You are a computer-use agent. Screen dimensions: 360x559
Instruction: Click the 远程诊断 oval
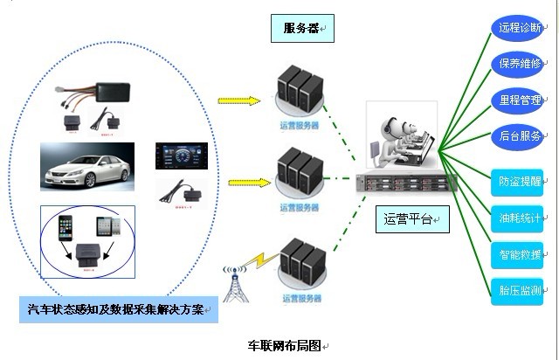[519, 28]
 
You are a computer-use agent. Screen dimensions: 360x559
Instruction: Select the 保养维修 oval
[519, 64]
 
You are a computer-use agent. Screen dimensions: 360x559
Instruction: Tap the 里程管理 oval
[519, 100]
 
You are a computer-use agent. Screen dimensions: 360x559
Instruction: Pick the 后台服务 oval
[519, 136]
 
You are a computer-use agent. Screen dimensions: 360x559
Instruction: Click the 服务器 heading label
[301, 29]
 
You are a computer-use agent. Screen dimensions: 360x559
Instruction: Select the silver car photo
[87, 167]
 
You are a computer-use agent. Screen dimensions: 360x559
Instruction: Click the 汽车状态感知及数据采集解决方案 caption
[117, 309]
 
